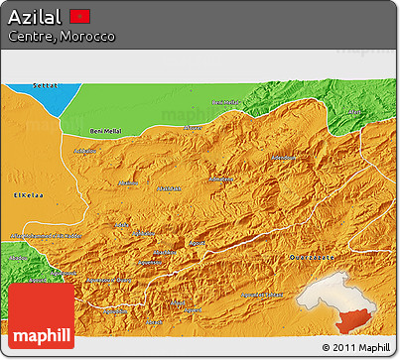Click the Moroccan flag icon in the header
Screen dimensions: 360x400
(x=81, y=17)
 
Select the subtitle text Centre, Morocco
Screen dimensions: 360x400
(x=60, y=36)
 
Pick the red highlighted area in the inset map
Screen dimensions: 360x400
(x=352, y=318)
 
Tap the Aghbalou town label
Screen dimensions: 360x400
(x=83, y=151)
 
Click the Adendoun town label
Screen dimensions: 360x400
(x=283, y=159)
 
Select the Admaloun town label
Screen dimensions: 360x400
(x=129, y=183)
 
